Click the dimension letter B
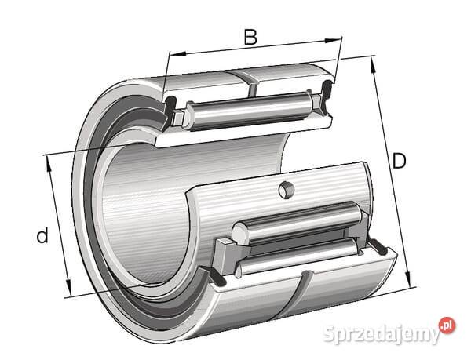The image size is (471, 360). coord(250,37)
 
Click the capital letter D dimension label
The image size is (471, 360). coord(399,161)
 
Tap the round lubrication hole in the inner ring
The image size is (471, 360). coord(287,190)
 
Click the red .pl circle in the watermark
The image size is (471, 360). coord(447,325)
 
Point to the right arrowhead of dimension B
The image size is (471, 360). coord(334,41)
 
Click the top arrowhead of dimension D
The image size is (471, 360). coord(374,65)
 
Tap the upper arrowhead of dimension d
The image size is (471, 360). coord(49,163)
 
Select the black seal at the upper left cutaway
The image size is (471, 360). coord(170,108)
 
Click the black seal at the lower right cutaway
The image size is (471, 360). coord(378,246)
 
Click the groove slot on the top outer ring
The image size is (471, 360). coord(252,85)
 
